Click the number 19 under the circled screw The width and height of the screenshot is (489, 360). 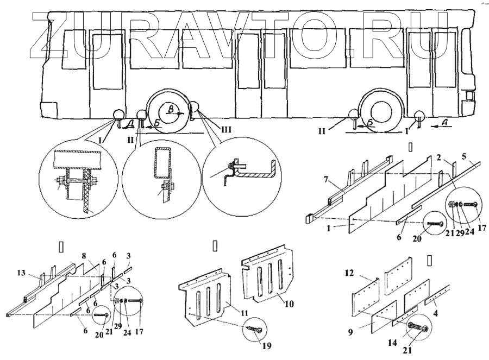pos(267,346)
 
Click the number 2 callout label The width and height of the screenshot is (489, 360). pos(438,158)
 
